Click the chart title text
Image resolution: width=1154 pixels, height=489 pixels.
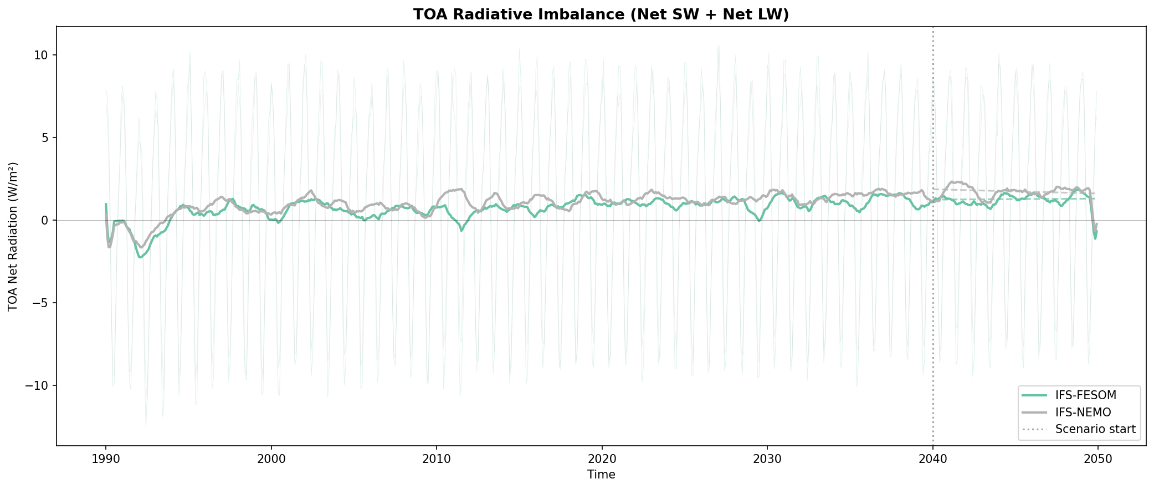pyautogui.click(x=601, y=15)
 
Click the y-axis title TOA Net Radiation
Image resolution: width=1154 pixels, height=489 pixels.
pyautogui.click(x=13, y=237)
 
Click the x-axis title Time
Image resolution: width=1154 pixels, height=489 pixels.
pyautogui.click(x=601, y=475)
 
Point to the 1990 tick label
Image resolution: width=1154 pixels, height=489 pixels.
pyautogui.click(x=105, y=459)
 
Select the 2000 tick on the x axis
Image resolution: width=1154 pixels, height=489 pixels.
pyautogui.click(x=271, y=459)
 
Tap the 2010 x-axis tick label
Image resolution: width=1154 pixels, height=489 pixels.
pyautogui.click(x=437, y=459)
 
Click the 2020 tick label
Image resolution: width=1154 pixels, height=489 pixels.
pyautogui.click(x=602, y=459)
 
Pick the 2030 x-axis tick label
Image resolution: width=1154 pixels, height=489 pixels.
pyautogui.click(x=767, y=459)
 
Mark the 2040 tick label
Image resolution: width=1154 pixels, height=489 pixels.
pyautogui.click(x=933, y=459)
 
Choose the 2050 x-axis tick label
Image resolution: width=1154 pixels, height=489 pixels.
pyautogui.click(x=1098, y=459)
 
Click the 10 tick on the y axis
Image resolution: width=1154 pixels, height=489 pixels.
pyautogui.click(x=42, y=55)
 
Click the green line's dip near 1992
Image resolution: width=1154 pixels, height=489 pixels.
pyautogui.click(x=141, y=257)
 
